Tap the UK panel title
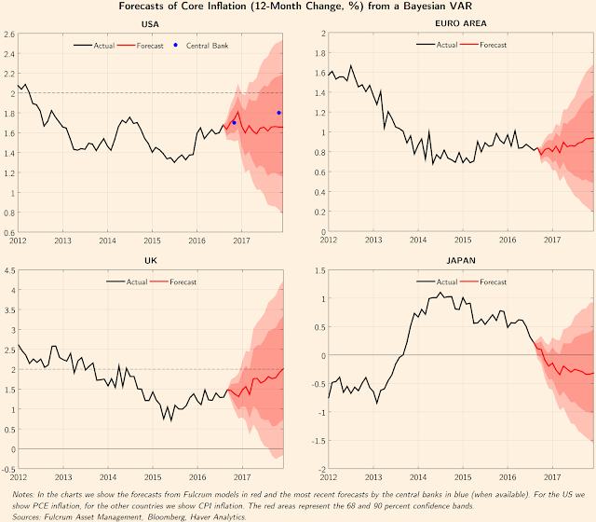150,262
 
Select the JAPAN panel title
447,262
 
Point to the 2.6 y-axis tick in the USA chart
8,34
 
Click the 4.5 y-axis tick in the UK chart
8,271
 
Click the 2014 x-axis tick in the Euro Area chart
418,240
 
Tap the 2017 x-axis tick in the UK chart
240,476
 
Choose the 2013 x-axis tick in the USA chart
62,240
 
